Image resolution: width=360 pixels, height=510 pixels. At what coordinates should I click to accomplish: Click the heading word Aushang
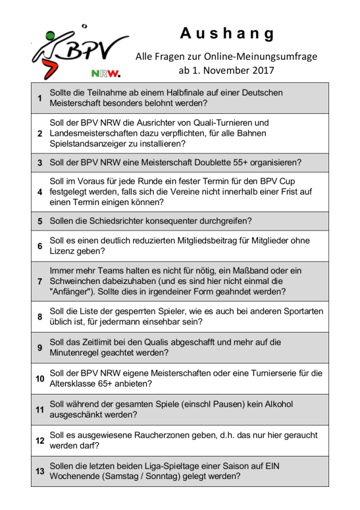227,34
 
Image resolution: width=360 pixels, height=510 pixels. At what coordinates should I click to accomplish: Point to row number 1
40,98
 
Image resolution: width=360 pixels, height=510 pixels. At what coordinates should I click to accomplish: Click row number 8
40,317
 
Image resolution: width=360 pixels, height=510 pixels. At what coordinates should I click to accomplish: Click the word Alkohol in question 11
280,404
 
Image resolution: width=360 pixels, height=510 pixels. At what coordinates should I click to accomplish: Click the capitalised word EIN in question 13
273,466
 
